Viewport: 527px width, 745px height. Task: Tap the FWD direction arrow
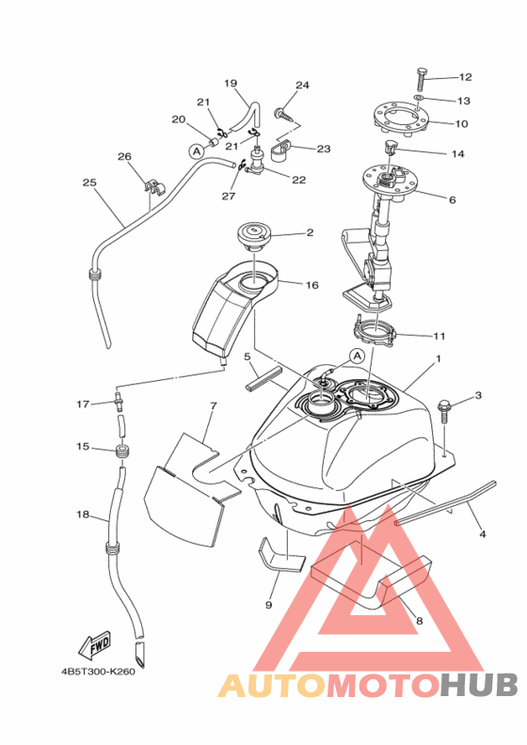pos(94,645)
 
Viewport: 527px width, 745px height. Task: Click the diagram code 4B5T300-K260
pos(98,672)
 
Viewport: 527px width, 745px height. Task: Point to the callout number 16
pos(311,285)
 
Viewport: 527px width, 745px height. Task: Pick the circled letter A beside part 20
pos(196,151)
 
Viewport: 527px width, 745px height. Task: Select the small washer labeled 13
pos(418,98)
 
